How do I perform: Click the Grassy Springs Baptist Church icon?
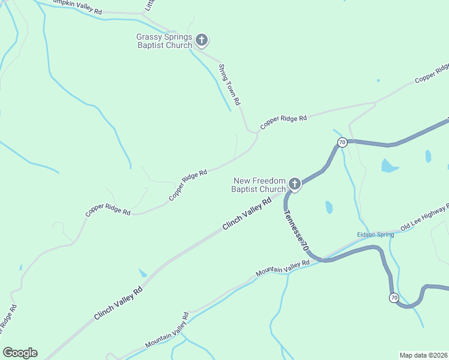pos(202,41)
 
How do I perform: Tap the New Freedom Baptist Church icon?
pos(294,184)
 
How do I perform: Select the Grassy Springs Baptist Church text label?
pos(164,41)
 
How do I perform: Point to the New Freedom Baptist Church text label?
pos(259,185)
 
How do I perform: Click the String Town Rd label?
pos(229,85)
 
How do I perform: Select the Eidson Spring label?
pos(375,235)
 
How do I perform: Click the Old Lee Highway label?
pos(425,217)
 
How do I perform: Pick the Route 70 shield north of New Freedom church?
pos(342,142)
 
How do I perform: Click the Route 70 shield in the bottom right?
pos(394,298)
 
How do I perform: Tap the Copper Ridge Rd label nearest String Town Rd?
pos(283,122)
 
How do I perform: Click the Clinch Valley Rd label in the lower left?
pos(118,304)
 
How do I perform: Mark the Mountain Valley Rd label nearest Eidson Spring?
pos(282,268)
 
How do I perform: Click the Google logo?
pos(20,353)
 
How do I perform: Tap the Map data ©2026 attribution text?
pos(423,355)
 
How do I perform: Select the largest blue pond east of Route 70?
pos(390,166)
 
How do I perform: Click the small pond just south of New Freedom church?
pos(329,207)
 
